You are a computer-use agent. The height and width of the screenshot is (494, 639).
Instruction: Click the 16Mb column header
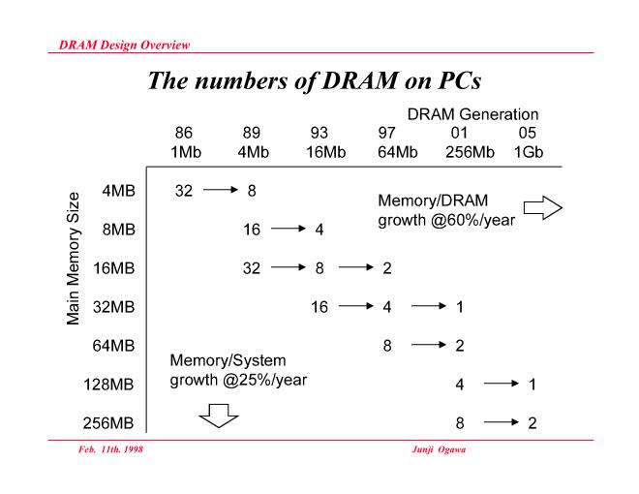click(319, 150)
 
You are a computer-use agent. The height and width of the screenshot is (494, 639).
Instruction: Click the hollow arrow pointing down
click(218, 416)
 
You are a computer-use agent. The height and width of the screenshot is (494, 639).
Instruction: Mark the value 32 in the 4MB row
click(184, 190)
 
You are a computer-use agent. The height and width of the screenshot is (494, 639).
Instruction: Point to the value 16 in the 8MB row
click(252, 230)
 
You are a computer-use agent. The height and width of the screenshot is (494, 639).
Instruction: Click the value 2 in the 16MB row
click(387, 268)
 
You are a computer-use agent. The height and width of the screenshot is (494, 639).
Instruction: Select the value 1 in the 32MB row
click(459, 307)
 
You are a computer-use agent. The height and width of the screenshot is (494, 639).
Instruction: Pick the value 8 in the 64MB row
click(387, 345)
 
